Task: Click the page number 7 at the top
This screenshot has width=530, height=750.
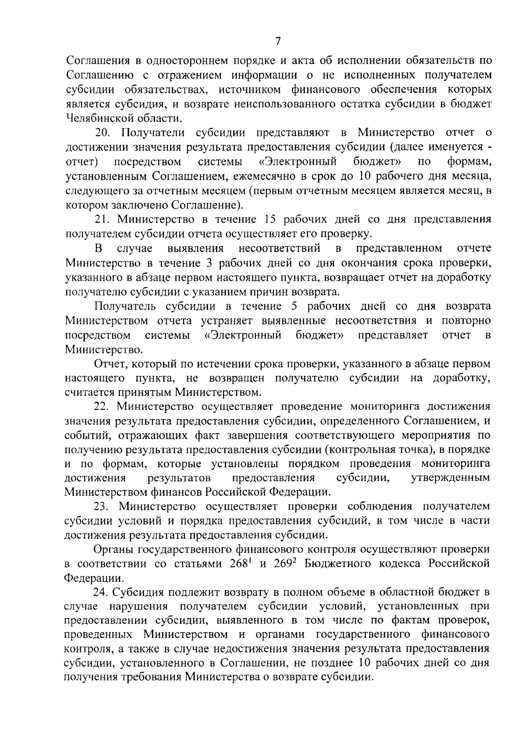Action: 278,41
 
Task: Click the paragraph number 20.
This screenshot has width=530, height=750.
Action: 105,132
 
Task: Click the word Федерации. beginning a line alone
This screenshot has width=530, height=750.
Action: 94,578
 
